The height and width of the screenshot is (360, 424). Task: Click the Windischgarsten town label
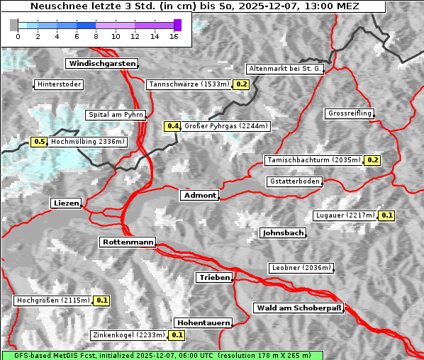(x=101, y=64)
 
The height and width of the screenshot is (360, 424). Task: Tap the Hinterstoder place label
(x=59, y=85)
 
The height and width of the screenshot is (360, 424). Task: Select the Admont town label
(x=199, y=195)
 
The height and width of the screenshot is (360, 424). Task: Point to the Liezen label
(x=66, y=203)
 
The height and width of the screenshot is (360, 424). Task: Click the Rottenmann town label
(x=128, y=242)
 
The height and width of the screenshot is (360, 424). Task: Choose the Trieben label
(x=214, y=278)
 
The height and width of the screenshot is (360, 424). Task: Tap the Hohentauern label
(x=203, y=323)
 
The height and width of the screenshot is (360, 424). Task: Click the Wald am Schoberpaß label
(x=298, y=308)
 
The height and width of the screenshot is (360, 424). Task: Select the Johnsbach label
(x=283, y=232)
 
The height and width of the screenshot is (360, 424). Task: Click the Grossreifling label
(x=350, y=113)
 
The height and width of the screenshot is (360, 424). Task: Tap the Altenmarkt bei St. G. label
(x=285, y=69)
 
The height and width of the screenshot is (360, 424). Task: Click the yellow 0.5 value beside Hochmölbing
(x=39, y=142)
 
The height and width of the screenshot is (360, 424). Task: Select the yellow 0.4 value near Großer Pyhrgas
(x=173, y=126)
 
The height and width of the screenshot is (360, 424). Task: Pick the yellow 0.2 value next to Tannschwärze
(x=242, y=84)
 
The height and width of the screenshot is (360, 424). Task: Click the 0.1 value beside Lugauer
(x=386, y=215)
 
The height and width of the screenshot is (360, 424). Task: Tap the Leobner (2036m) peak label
(x=301, y=268)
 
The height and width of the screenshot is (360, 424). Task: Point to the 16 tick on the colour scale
(x=174, y=36)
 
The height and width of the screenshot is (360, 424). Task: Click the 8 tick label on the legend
(x=96, y=36)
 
